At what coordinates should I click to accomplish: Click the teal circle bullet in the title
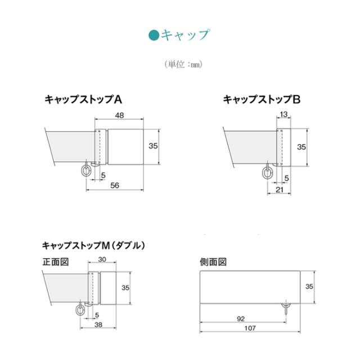[154, 35]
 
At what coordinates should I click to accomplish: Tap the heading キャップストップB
[262, 100]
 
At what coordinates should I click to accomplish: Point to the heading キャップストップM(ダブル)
[94, 245]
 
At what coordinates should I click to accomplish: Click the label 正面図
[55, 262]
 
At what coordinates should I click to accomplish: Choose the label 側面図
[213, 262]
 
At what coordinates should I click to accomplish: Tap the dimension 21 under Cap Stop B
[280, 190]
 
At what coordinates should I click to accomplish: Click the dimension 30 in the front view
[102, 260]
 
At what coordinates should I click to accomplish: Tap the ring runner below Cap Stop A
[85, 170]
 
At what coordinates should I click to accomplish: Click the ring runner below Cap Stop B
[268, 172]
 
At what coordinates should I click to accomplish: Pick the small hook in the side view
[287, 307]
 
